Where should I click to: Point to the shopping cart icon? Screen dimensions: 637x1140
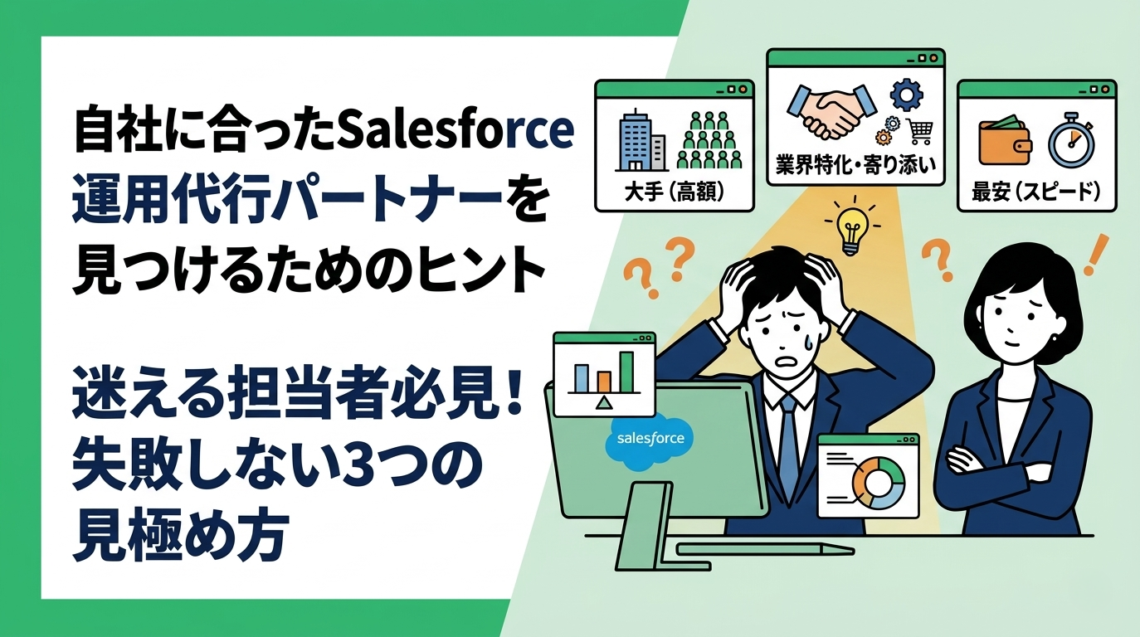point(919,131)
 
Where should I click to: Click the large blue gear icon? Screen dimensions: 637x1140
point(906,94)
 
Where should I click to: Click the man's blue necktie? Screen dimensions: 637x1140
point(787,448)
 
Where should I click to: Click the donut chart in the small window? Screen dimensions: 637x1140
point(876,481)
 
